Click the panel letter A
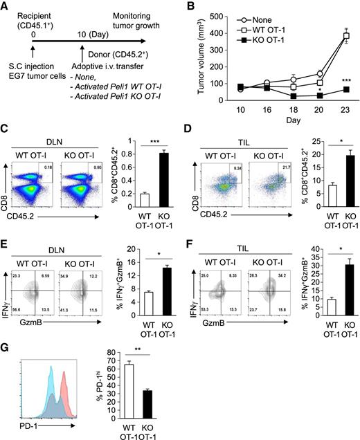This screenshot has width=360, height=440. pyautogui.click(x=6, y=7)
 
